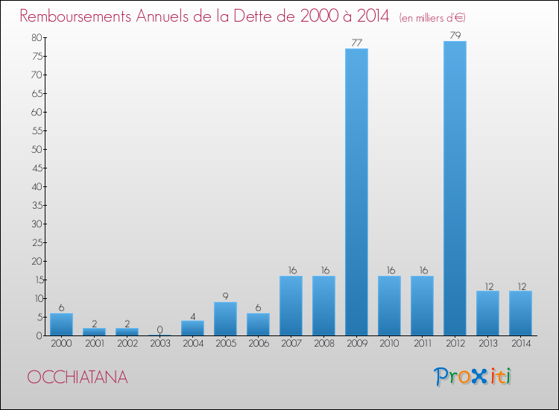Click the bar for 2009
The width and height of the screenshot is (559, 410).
(x=356, y=192)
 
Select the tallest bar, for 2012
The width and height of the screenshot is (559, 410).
(x=455, y=188)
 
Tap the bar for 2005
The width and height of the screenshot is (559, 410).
(x=225, y=318)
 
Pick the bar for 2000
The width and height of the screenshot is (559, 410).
(x=61, y=324)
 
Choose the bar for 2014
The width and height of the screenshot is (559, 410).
(x=520, y=313)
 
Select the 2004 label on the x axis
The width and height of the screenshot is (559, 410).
(x=192, y=344)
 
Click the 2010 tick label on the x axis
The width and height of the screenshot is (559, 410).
(x=389, y=344)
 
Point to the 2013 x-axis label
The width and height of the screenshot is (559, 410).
(x=487, y=344)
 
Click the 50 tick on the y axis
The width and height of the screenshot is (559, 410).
(x=36, y=149)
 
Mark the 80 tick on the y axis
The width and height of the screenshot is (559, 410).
(x=36, y=37)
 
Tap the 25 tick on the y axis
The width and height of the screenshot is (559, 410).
(x=36, y=242)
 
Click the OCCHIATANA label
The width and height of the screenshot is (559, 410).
(x=78, y=377)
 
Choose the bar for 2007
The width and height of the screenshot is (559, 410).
(x=291, y=306)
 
